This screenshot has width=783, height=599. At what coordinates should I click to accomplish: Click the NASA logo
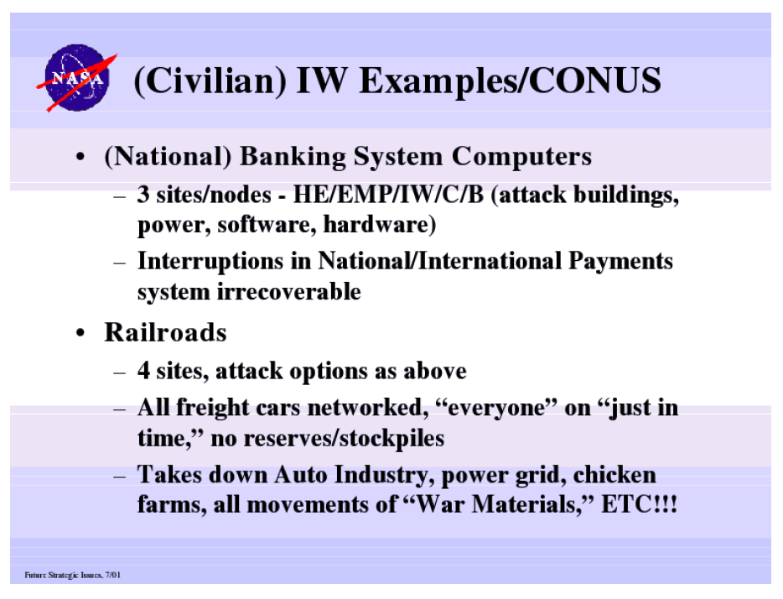click(x=76, y=78)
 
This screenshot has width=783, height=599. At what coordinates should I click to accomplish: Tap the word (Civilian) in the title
click(x=210, y=81)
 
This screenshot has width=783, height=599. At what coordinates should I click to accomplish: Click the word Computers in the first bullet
click(x=521, y=156)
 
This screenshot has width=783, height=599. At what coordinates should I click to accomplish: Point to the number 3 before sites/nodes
click(x=144, y=195)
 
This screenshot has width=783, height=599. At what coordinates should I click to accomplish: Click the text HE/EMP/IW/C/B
click(x=388, y=195)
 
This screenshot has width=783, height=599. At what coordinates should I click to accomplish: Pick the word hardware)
click(x=380, y=224)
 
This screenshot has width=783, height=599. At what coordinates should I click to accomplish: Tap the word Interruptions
click(x=210, y=261)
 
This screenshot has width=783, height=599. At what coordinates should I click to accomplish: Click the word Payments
click(x=620, y=261)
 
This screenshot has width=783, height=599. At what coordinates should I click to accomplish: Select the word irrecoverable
click(x=288, y=291)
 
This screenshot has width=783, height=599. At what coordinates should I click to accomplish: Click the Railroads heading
click(x=165, y=332)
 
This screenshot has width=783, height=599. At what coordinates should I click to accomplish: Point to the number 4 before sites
click(x=144, y=371)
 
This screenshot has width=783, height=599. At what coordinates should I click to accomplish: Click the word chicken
click(x=614, y=475)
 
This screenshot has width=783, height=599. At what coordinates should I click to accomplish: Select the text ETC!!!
click(x=640, y=504)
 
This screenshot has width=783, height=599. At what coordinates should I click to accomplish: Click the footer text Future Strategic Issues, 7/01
click(x=72, y=575)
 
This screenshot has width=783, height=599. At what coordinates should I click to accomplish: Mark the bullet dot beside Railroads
click(x=80, y=333)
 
